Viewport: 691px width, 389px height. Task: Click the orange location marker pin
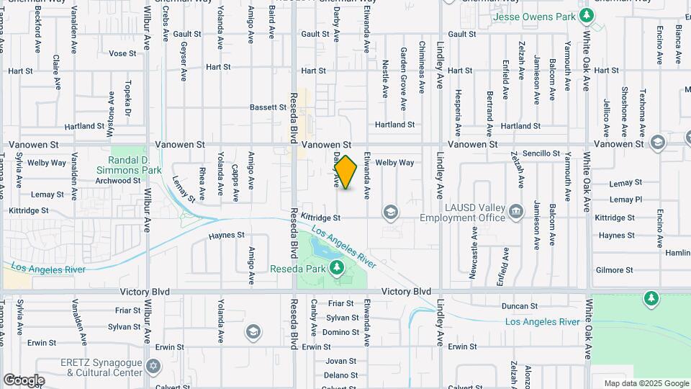pos(346,172)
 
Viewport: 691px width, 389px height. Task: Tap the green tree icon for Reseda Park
pos(337,268)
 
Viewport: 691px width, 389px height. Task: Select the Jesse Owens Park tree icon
pos(587,15)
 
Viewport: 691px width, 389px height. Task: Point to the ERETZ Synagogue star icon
pos(152,367)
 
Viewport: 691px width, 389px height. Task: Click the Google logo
pos(23,380)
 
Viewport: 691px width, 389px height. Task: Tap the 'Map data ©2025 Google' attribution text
pos(646,383)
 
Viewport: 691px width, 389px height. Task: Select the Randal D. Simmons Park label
pos(135,165)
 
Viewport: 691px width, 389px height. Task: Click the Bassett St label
pos(268,107)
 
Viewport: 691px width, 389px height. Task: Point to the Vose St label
pos(122,53)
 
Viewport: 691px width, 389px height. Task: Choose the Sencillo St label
pos(541,153)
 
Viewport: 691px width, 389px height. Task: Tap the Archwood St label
pos(117,180)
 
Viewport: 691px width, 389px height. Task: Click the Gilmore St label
pos(614,270)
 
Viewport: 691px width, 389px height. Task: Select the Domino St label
pos(340,332)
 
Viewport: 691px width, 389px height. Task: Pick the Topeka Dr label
pos(128,98)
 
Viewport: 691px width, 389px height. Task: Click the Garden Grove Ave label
pos(404,70)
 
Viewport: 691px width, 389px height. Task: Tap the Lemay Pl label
pos(625,200)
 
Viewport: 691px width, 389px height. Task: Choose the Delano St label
pos(340,375)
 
